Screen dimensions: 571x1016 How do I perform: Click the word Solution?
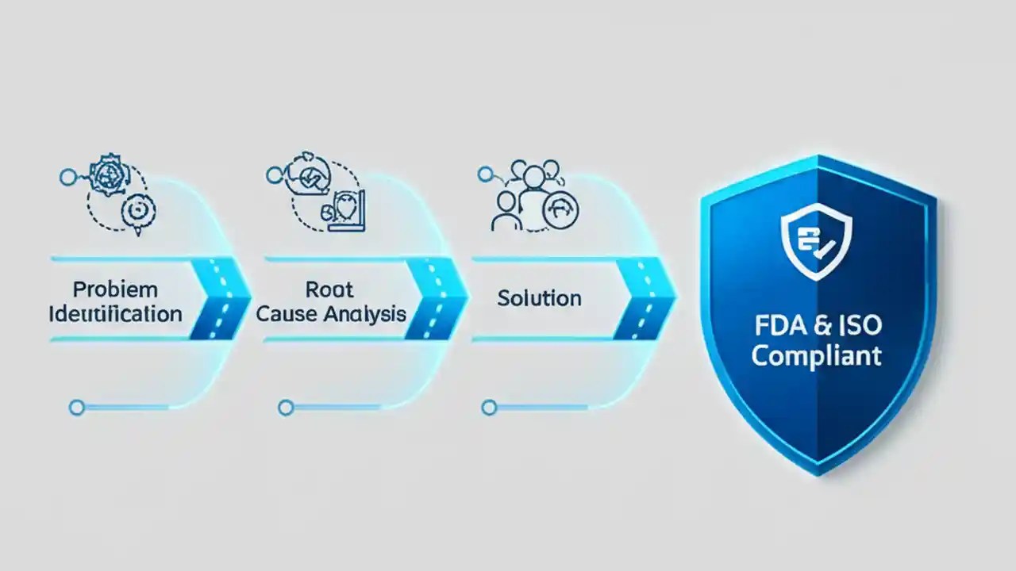pyautogui.click(x=539, y=298)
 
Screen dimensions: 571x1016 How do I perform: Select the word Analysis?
pyautogui.click(x=364, y=313)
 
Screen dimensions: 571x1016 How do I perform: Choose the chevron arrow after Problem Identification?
pyautogui.click(x=222, y=299)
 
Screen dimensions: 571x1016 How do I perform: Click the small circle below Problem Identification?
pyautogui.click(x=77, y=408)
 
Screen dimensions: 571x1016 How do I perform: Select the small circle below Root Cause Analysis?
pyautogui.click(x=287, y=408)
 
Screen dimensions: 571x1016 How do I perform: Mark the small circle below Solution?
pyautogui.click(x=489, y=408)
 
